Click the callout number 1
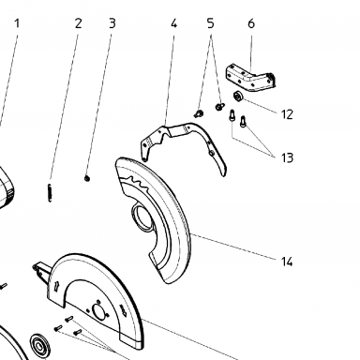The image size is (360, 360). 17,23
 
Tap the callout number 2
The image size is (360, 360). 78,23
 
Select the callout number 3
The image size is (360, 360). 112,23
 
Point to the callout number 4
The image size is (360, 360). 173,23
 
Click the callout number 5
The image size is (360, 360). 211,23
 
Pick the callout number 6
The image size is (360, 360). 251,23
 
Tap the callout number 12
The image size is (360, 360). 287,114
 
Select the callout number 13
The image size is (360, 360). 287,157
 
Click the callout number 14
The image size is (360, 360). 287,262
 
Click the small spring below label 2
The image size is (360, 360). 50,192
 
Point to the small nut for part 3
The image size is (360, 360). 87,178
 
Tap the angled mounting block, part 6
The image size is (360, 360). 251,78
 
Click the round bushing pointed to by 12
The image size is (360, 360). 238,97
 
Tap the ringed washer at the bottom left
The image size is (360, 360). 39,346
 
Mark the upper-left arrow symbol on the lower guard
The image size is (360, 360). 57,286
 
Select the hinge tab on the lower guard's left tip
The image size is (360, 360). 40,269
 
